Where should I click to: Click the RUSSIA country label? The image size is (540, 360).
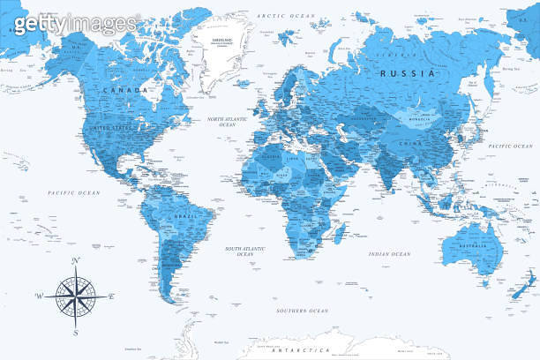(406, 74)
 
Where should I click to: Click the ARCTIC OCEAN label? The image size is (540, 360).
(285, 16)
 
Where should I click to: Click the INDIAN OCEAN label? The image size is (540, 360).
(389, 254)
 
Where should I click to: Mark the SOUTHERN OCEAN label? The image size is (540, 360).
(302, 311)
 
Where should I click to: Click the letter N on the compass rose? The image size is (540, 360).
(76, 260)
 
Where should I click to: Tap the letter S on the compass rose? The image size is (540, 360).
(76, 333)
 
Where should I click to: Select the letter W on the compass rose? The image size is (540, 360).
(39, 296)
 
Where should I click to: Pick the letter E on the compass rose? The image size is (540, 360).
(112, 296)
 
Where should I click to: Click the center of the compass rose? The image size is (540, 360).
(76, 296)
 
